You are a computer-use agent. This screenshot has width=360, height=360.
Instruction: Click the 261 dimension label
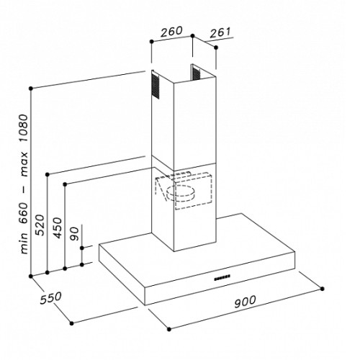coord(220,32)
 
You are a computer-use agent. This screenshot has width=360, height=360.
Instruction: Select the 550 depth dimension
coord(51,298)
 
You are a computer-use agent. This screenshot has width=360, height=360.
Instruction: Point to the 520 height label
coord(40,225)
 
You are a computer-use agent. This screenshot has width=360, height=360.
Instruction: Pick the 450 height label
coord(57,228)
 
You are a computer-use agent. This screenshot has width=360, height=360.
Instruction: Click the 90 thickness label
coord(74,233)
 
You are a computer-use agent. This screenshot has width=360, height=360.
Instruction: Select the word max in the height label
coord(24,164)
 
